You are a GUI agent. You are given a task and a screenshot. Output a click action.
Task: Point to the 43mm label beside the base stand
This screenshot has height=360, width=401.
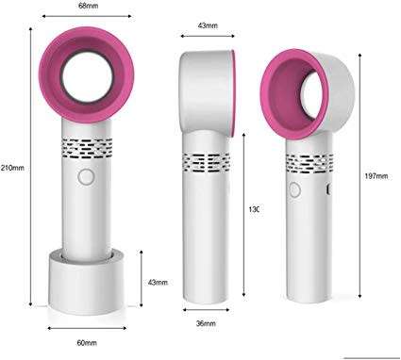pyautogui.click(x=157, y=282)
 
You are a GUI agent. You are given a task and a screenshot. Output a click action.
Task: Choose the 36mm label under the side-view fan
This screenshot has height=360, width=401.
pyautogui.click(x=206, y=323)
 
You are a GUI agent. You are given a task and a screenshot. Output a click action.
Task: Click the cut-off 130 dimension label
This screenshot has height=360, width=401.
pyautogui.click(x=252, y=209)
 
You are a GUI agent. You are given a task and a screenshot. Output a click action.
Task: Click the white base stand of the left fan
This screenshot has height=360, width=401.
pyautogui.click(x=87, y=278)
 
